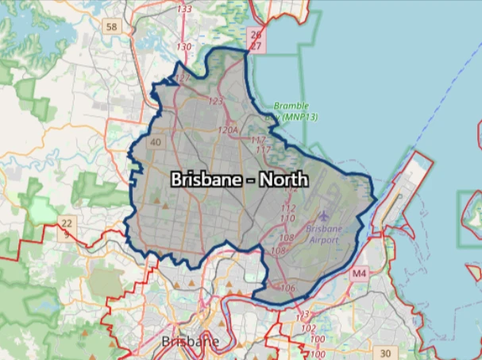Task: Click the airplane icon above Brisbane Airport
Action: click(x=323, y=215)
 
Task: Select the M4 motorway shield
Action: click(x=360, y=273)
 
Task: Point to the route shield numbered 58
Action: click(x=111, y=27)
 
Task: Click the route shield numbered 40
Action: click(x=155, y=143)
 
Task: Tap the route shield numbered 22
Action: click(x=67, y=223)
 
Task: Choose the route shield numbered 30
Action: click(x=385, y=353)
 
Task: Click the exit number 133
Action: click(x=184, y=9)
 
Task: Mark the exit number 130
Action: click(x=183, y=47)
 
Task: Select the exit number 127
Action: click(x=183, y=78)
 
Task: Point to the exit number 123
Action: click(x=215, y=101)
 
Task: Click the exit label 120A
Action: click(x=227, y=130)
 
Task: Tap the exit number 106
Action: click(x=287, y=287)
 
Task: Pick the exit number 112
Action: click(x=288, y=208)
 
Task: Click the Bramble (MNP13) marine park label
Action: click(x=291, y=110)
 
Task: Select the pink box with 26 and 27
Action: click(x=256, y=41)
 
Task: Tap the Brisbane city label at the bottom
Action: click(x=190, y=342)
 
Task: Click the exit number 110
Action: click(x=288, y=218)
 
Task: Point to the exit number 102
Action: click(x=308, y=327)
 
